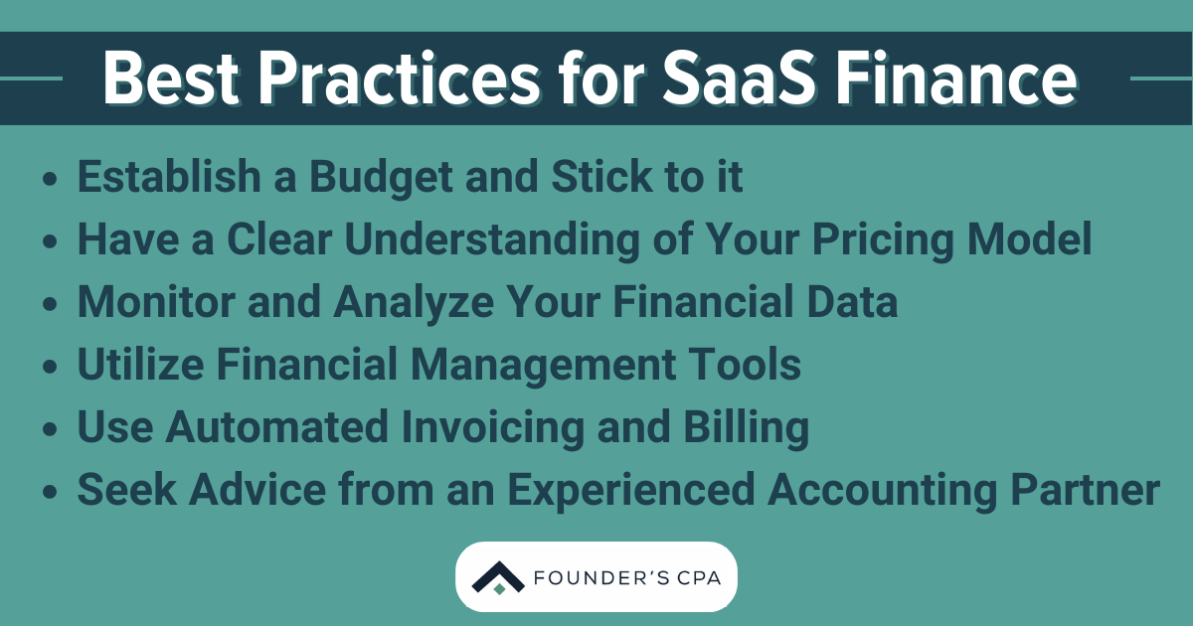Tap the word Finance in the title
(x=966, y=78)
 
